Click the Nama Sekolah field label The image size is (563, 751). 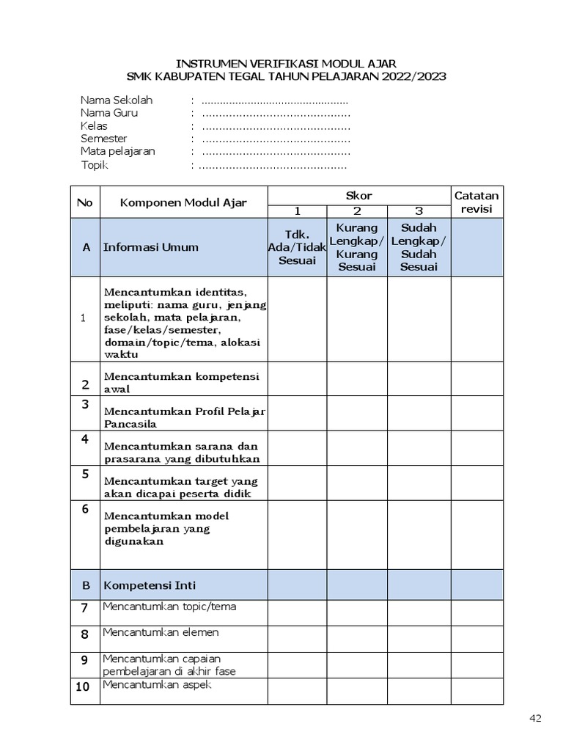pyautogui.click(x=117, y=100)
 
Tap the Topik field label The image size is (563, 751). pyautogui.click(x=95, y=165)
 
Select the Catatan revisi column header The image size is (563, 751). pyautogui.click(x=476, y=202)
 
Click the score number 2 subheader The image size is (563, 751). pyautogui.click(x=357, y=211)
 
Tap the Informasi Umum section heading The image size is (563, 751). pyautogui.click(x=151, y=247)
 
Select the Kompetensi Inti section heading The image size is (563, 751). pyautogui.click(x=150, y=585)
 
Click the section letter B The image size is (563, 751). pyautogui.click(x=86, y=585)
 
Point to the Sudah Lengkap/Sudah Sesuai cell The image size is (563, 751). pyautogui.click(x=419, y=247)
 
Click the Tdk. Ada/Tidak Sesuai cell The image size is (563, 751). pyautogui.click(x=297, y=247)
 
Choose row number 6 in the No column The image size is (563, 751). pyautogui.click(x=85, y=509)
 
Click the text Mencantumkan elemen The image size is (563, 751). pyautogui.click(x=161, y=632)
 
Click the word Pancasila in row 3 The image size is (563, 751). pyautogui.click(x=130, y=424)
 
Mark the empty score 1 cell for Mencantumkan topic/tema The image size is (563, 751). pyautogui.click(x=297, y=612)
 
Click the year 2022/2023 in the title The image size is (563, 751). pyautogui.click(x=411, y=76)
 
